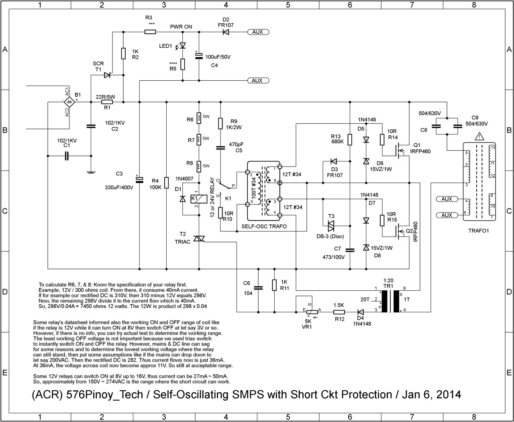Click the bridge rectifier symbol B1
click(69, 102)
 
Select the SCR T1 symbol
click(107, 75)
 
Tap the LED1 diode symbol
click(183, 46)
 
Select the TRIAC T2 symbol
click(199, 239)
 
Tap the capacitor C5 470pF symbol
click(220, 148)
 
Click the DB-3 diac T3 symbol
click(331, 225)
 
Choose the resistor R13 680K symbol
click(350, 139)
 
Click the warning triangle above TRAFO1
click(479, 137)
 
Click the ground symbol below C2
click(91, 173)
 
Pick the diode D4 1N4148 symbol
click(360, 312)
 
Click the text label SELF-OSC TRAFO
click(264, 226)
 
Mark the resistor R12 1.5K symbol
click(339, 312)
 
